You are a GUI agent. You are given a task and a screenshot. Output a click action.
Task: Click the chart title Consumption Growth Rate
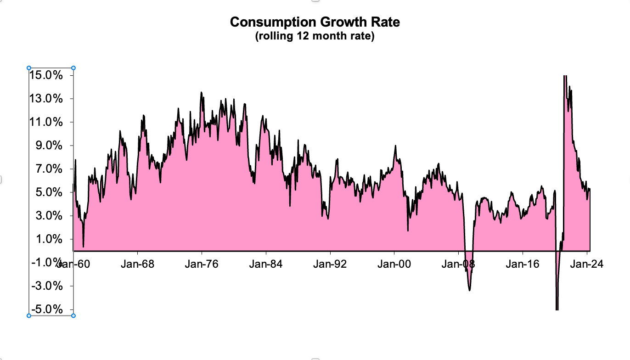point(315,22)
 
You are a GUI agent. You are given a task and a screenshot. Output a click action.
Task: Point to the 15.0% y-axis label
point(45,75)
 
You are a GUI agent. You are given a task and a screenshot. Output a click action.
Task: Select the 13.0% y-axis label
point(45,99)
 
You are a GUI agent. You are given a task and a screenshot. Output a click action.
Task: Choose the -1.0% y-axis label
point(45,262)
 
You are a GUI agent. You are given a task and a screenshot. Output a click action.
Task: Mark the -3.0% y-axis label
point(45,286)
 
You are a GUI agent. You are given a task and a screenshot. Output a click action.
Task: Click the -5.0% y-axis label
point(45,309)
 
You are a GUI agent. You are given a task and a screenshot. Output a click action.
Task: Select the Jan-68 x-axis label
point(137,264)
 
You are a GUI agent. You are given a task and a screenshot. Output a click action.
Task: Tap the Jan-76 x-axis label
point(202,264)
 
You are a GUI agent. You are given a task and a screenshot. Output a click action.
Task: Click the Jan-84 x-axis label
point(266,264)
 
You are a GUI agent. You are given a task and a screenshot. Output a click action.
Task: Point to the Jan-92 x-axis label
point(330,264)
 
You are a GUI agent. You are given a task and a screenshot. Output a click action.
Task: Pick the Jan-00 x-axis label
point(394,264)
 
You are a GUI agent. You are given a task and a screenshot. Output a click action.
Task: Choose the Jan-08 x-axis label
point(459,264)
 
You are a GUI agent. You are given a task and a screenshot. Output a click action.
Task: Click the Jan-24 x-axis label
point(587,264)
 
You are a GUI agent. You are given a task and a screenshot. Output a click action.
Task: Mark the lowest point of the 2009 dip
point(469,290)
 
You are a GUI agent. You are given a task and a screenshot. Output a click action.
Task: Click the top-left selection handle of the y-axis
point(29,68)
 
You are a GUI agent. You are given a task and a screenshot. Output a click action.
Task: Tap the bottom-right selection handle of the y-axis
point(73,315)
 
